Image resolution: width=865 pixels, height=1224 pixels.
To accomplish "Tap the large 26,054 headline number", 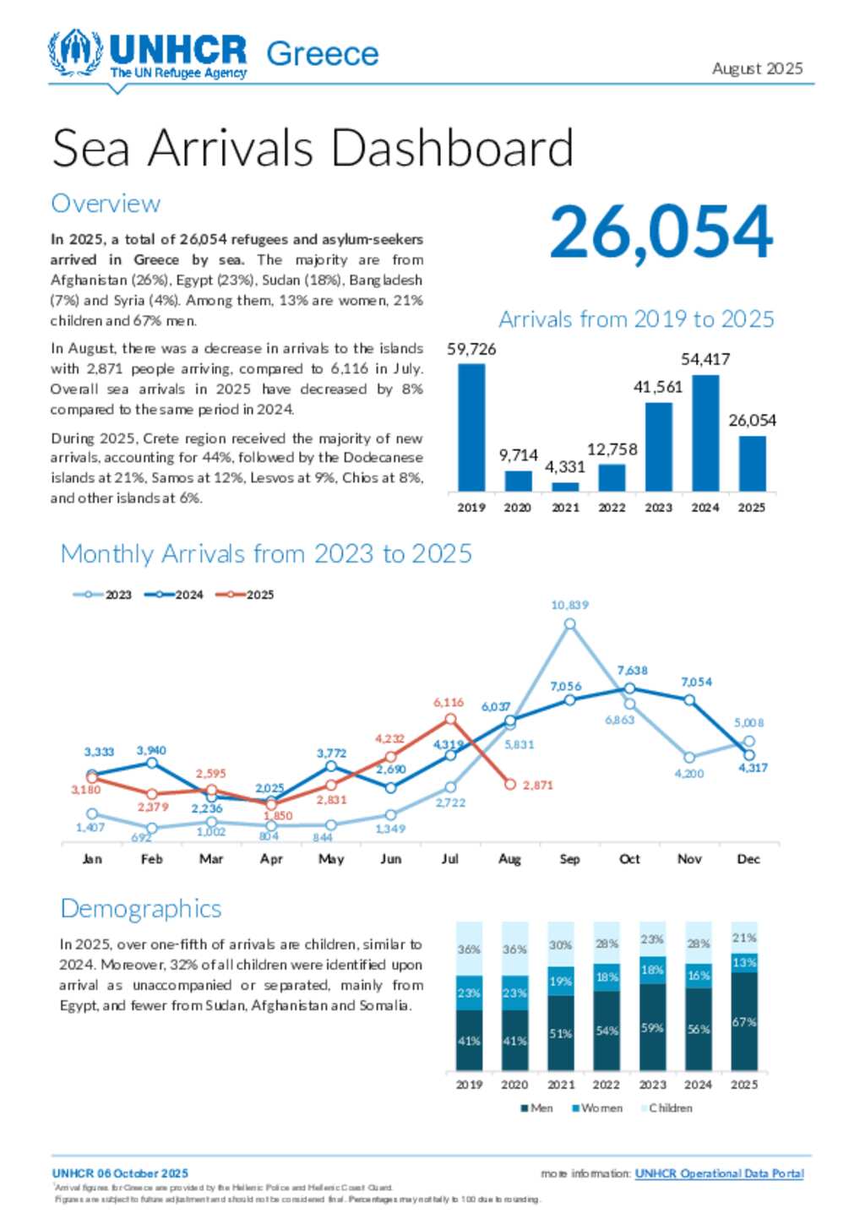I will pyautogui.click(x=661, y=232).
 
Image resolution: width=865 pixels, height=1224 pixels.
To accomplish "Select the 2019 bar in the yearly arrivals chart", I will pyautogui.click(x=471, y=427).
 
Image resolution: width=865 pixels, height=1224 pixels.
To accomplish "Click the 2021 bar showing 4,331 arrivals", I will pyautogui.click(x=565, y=487).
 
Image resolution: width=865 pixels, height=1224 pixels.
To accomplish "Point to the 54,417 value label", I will pyautogui.click(x=705, y=360).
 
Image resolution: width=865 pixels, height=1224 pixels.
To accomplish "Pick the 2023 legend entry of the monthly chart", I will pyautogui.click(x=103, y=595).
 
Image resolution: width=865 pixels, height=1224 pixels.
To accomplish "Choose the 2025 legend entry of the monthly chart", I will pyautogui.click(x=245, y=595).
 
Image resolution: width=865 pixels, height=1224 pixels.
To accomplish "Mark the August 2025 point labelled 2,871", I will pyautogui.click(x=510, y=785).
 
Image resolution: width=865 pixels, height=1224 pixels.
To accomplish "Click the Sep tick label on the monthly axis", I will pyautogui.click(x=569, y=859).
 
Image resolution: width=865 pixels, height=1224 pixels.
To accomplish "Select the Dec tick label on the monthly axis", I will pyautogui.click(x=748, y=859).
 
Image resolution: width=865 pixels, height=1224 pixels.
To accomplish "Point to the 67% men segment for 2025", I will pyautogui.click(x=744, y=1021).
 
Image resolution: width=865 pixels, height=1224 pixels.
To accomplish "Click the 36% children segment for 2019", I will pyautogui.click(x=469, y=949).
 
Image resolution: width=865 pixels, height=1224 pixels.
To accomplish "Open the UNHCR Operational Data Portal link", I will pyautogui.click(x=719, y=1173).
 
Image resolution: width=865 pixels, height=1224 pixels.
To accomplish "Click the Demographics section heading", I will pyautogui.click(x=141, y=909).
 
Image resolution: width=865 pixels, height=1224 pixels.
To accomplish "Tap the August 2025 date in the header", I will pyautogui.click(x=757, y=68).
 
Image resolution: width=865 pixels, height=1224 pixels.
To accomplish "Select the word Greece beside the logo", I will pyautogui.click(x=323, y=54).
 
